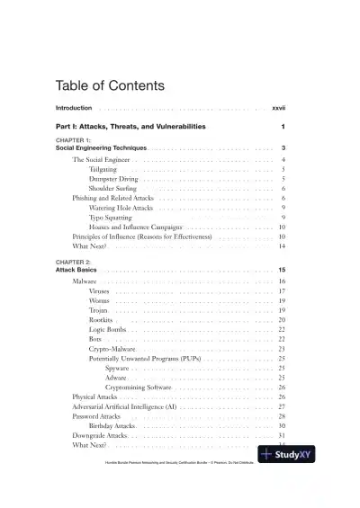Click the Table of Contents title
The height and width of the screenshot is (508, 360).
(x=111, y=87)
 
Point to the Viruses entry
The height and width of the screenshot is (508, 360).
(x=101, y=291)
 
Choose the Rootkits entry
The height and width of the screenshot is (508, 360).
(x=102, y=320)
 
